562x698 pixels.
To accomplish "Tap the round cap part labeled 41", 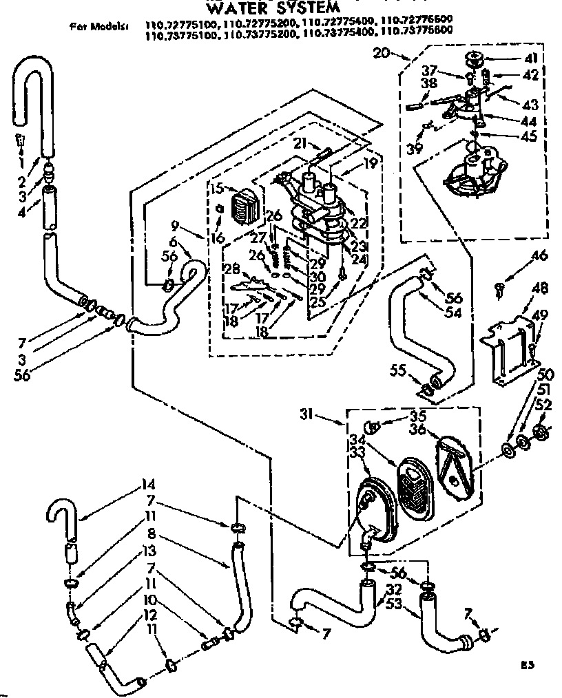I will click(x=475, y=58).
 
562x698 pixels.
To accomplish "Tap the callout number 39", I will click(x=414, y=149).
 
